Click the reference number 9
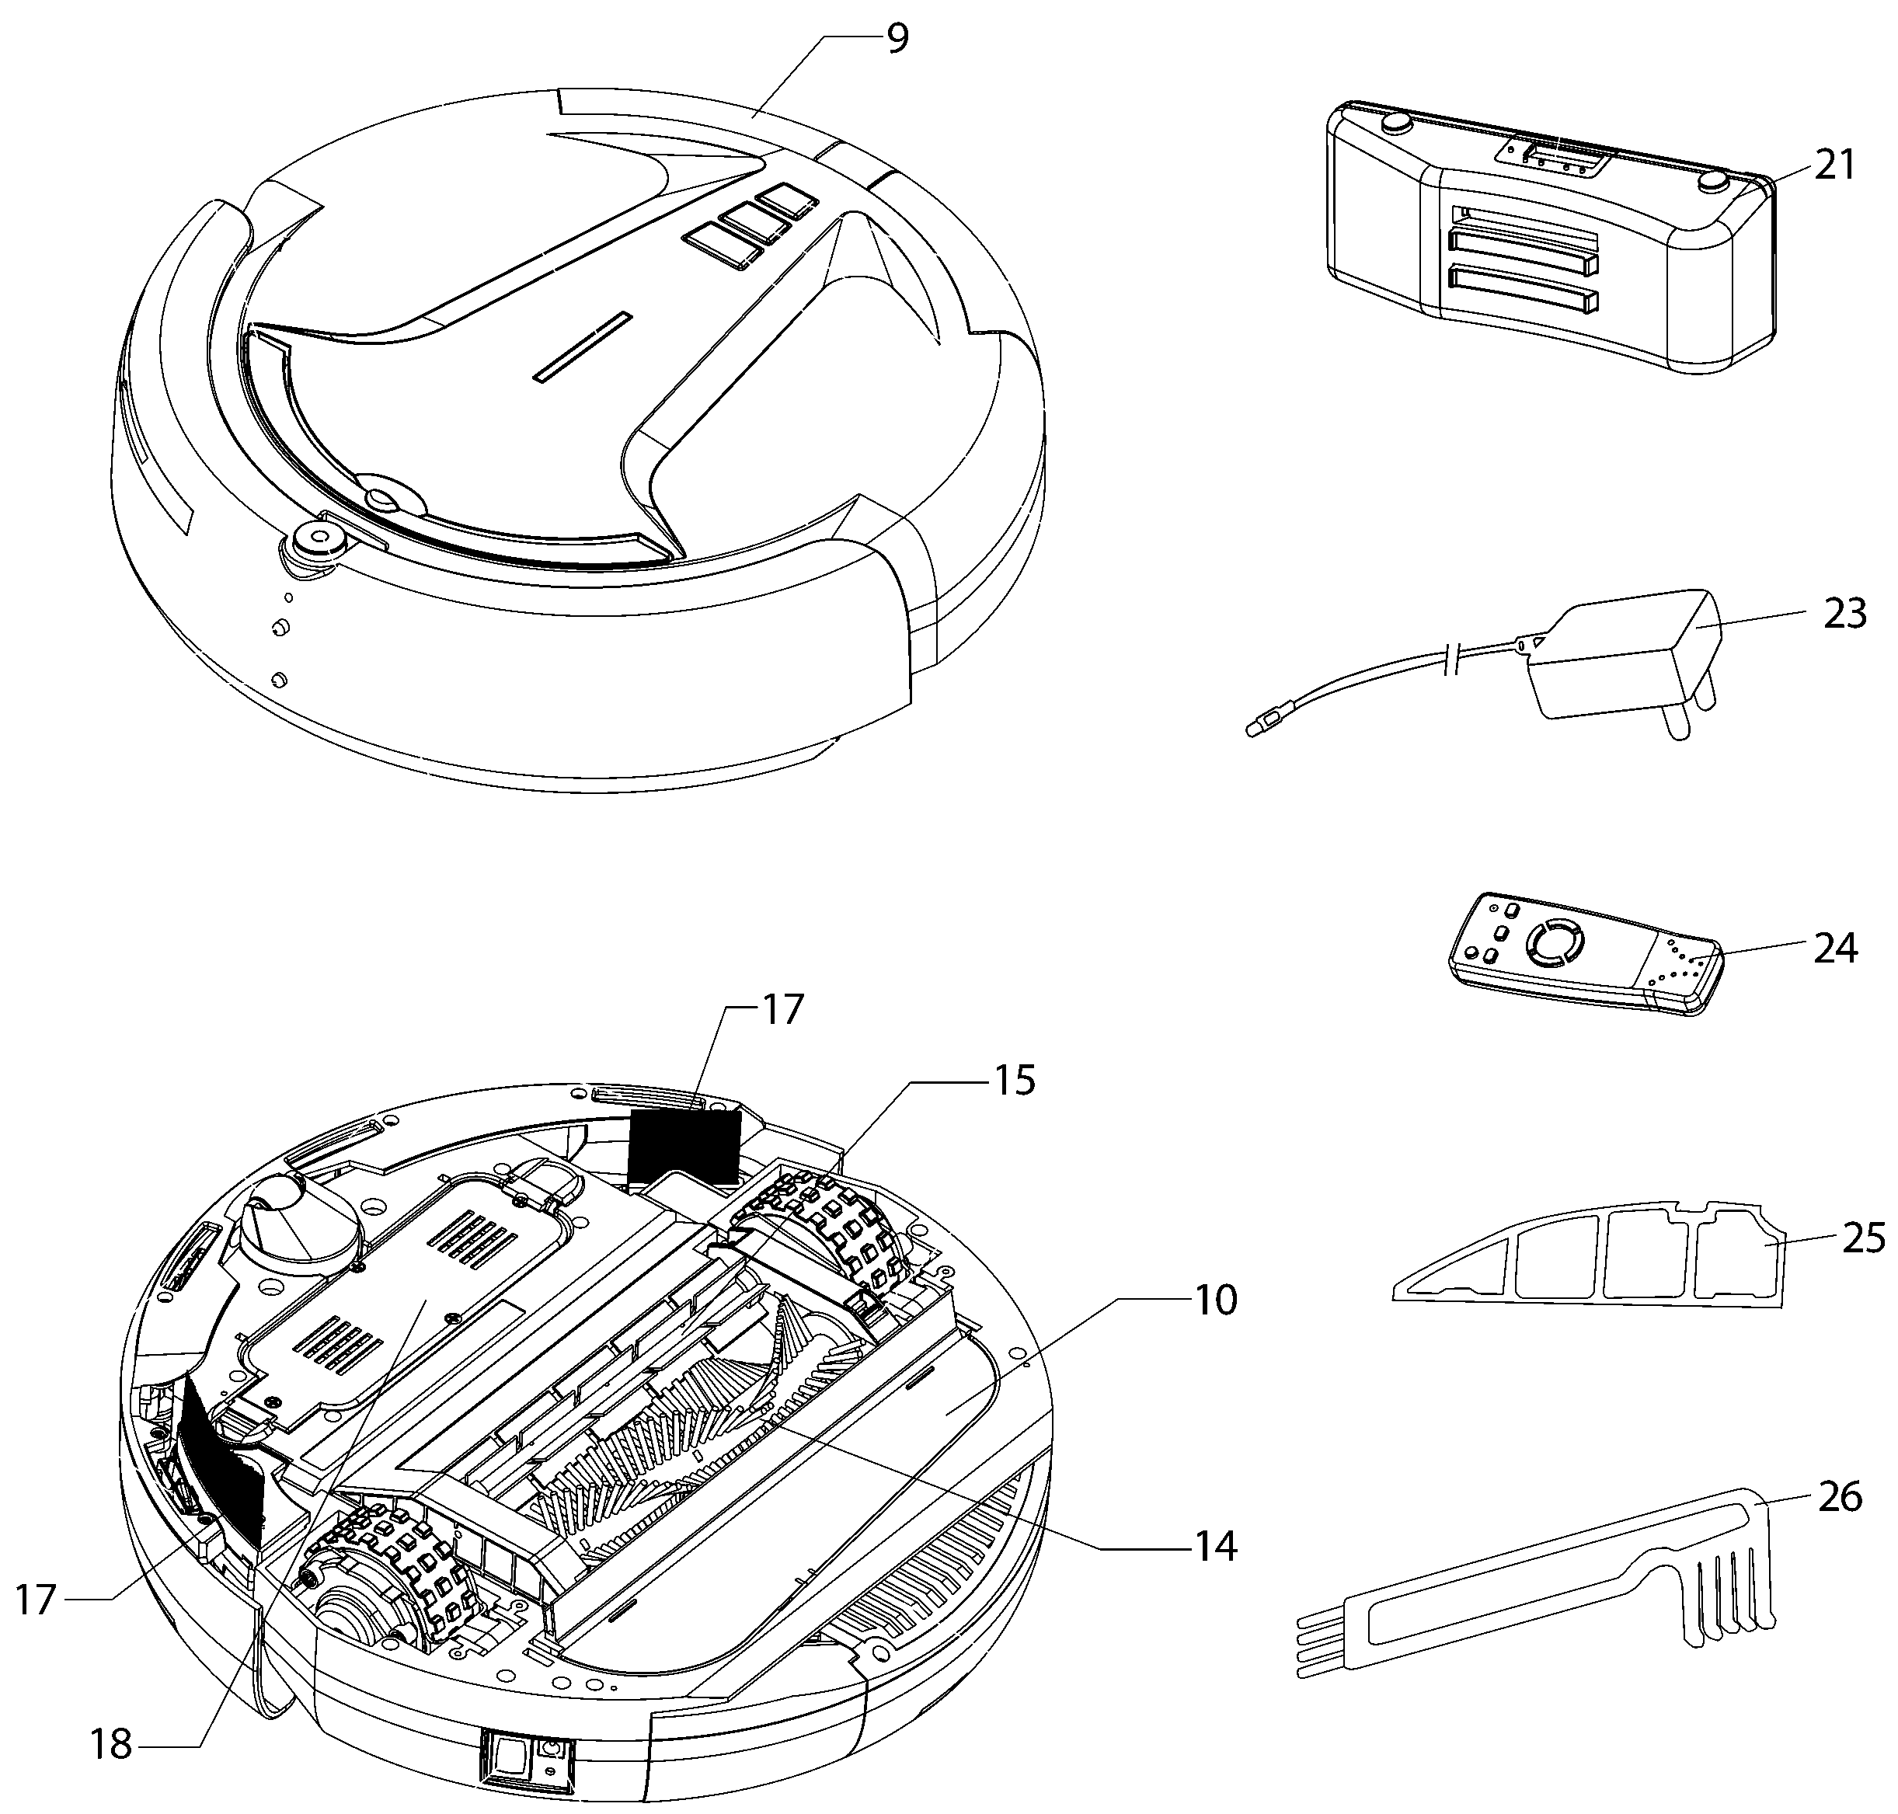897,40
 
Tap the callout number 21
1835,165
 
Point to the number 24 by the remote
1835,949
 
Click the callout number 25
1863,1238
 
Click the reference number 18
110,1744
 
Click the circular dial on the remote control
1551,941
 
